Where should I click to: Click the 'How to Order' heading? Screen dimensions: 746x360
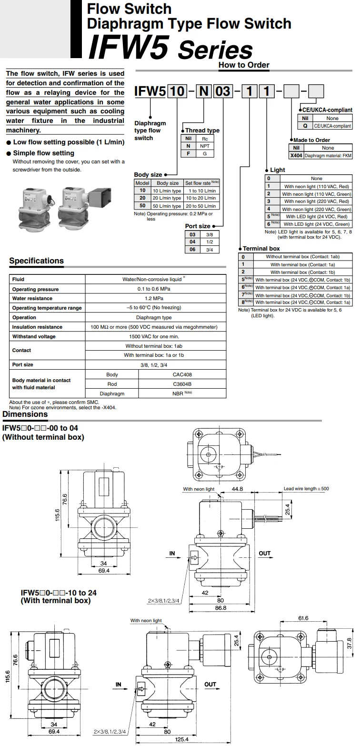pos(244,65)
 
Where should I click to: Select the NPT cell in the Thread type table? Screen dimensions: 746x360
pos(205,146)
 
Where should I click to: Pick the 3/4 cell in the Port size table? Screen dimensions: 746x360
pos(210,249)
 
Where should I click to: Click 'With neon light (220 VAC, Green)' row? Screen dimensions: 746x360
pos(316,209)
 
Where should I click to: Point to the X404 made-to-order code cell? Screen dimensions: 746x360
pos(296,155)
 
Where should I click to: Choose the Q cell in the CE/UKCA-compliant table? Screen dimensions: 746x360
pos(305,126)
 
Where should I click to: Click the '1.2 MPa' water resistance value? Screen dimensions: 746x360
pos(155,299)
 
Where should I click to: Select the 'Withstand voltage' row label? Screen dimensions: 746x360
pos(34,336)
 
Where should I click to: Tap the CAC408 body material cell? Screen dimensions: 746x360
pos(182,375)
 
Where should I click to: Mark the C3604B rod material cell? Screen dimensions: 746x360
pos(182,384)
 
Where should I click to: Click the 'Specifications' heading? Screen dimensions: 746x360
pos(36,261)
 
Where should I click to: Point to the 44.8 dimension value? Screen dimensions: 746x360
pos(237,489)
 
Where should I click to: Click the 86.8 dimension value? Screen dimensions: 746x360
pos(220,608)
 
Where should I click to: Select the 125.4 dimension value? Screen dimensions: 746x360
pos(181,739)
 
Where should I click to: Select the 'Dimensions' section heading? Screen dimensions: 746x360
pos(25,414)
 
